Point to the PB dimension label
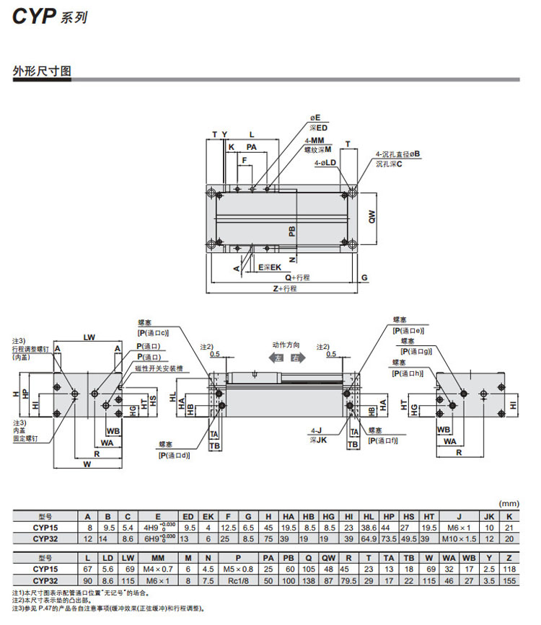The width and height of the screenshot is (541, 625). pyautogui.click(x=291, y=231)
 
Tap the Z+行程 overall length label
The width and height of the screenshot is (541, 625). pyautogui.click(x=285, y=288)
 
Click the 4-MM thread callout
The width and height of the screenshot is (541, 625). pyautogui.click(x=314, y=141)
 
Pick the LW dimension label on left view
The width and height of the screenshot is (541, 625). pyautogui.click(x=89, y=337)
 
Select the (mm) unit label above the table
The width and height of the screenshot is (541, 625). pyautogui.click(x=510, y=503)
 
